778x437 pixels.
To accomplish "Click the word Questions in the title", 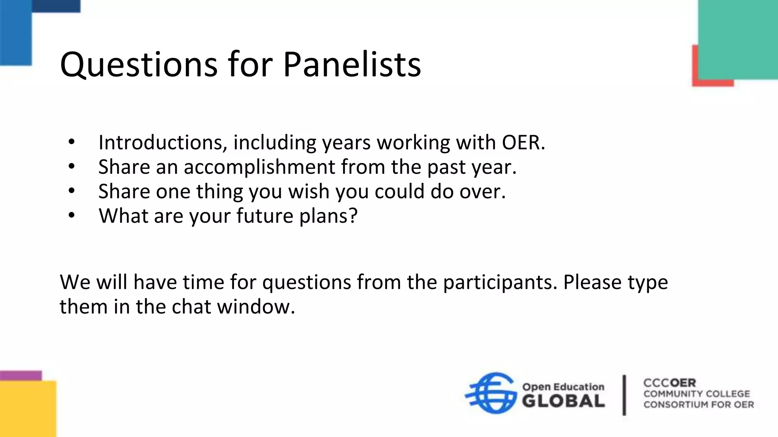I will [x=139, y=64].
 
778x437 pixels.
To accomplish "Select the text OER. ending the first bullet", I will [x=523, y=143].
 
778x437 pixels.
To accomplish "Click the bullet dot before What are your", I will [x=72, y=215].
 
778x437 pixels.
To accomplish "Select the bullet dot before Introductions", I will [x=72, y=142].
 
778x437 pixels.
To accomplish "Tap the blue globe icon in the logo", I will [x=491, y=393].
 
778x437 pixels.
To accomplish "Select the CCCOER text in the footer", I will [x=669, y=383].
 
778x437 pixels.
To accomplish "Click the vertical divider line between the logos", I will [x=624, y=395].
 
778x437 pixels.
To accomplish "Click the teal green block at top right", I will [x=737, y=38].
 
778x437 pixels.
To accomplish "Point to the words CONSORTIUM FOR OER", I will [x=698, y=405].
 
